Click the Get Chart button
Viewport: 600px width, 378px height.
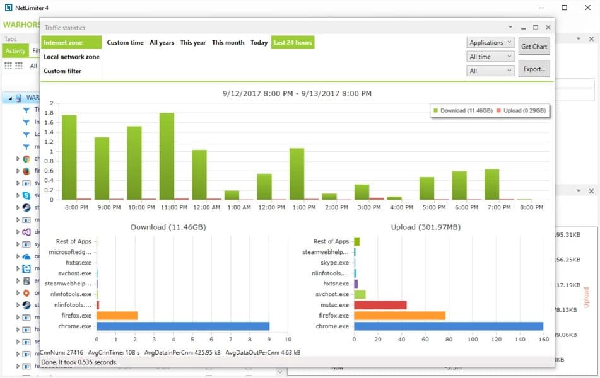click(x=534, y=47)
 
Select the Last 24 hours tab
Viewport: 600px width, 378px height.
click(x=293, y=43)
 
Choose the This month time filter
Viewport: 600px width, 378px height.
click(x=228, y=43)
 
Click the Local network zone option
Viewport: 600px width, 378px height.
click(x=71, y=57)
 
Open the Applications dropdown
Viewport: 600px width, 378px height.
click(x=490, y=43)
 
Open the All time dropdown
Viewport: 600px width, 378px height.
click(x=490, y=57)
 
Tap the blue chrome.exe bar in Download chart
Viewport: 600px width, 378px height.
click(x=183, y=326)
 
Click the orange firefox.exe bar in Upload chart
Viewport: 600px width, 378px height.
click(x=399, y=316)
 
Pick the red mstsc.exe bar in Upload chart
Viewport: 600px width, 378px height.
click(x=380, y=305)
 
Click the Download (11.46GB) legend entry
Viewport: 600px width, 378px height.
click(x=459, y=111)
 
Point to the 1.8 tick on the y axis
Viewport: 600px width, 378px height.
click(x=51, y=114)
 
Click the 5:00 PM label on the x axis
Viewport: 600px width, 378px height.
click(x=427, y=207)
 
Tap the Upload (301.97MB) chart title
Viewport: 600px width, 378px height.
click(x=416, y=227)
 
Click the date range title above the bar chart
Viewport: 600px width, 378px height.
click(x=297, y=93)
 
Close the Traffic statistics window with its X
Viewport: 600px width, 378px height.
click(x=548, y=28)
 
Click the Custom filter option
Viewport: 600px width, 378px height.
click(x=62, y=71)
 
